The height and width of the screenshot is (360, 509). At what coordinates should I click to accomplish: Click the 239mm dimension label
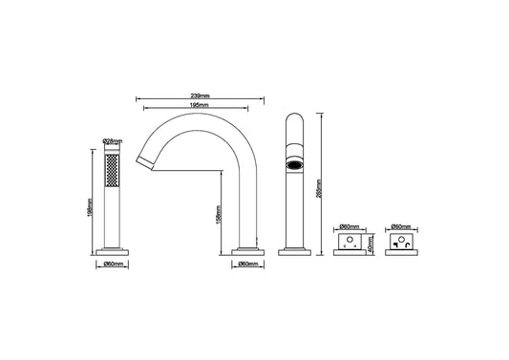201,95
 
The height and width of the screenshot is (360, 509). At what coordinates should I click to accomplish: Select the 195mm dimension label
201,106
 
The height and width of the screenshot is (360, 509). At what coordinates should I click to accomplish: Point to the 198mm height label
90,207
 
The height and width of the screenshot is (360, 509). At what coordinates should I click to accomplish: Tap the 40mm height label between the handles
371,244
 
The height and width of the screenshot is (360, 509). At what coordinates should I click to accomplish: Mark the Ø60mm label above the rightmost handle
401,226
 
